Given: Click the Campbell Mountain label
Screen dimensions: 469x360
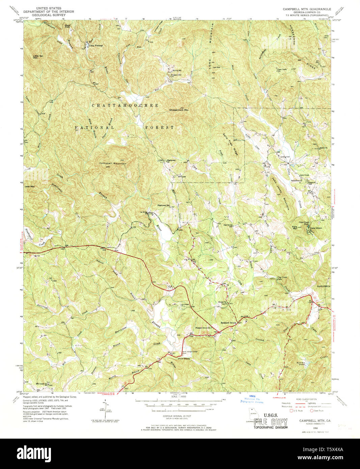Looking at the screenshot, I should pyautogui.click(x=113, y=164).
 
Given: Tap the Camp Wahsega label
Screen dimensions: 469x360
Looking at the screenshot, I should pyautogui.click(x=96, y=46).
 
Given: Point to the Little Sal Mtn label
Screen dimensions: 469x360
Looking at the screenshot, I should pyautogui.click(x=38, y=56).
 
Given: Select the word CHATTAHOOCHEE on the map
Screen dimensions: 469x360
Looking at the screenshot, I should pyautogui.click(x=125, y=106).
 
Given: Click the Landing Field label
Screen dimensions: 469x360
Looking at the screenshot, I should pyautogui.click(x=285, y=157).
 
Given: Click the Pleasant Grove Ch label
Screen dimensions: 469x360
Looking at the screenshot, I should pyautogui.click(x=203, y=328).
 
